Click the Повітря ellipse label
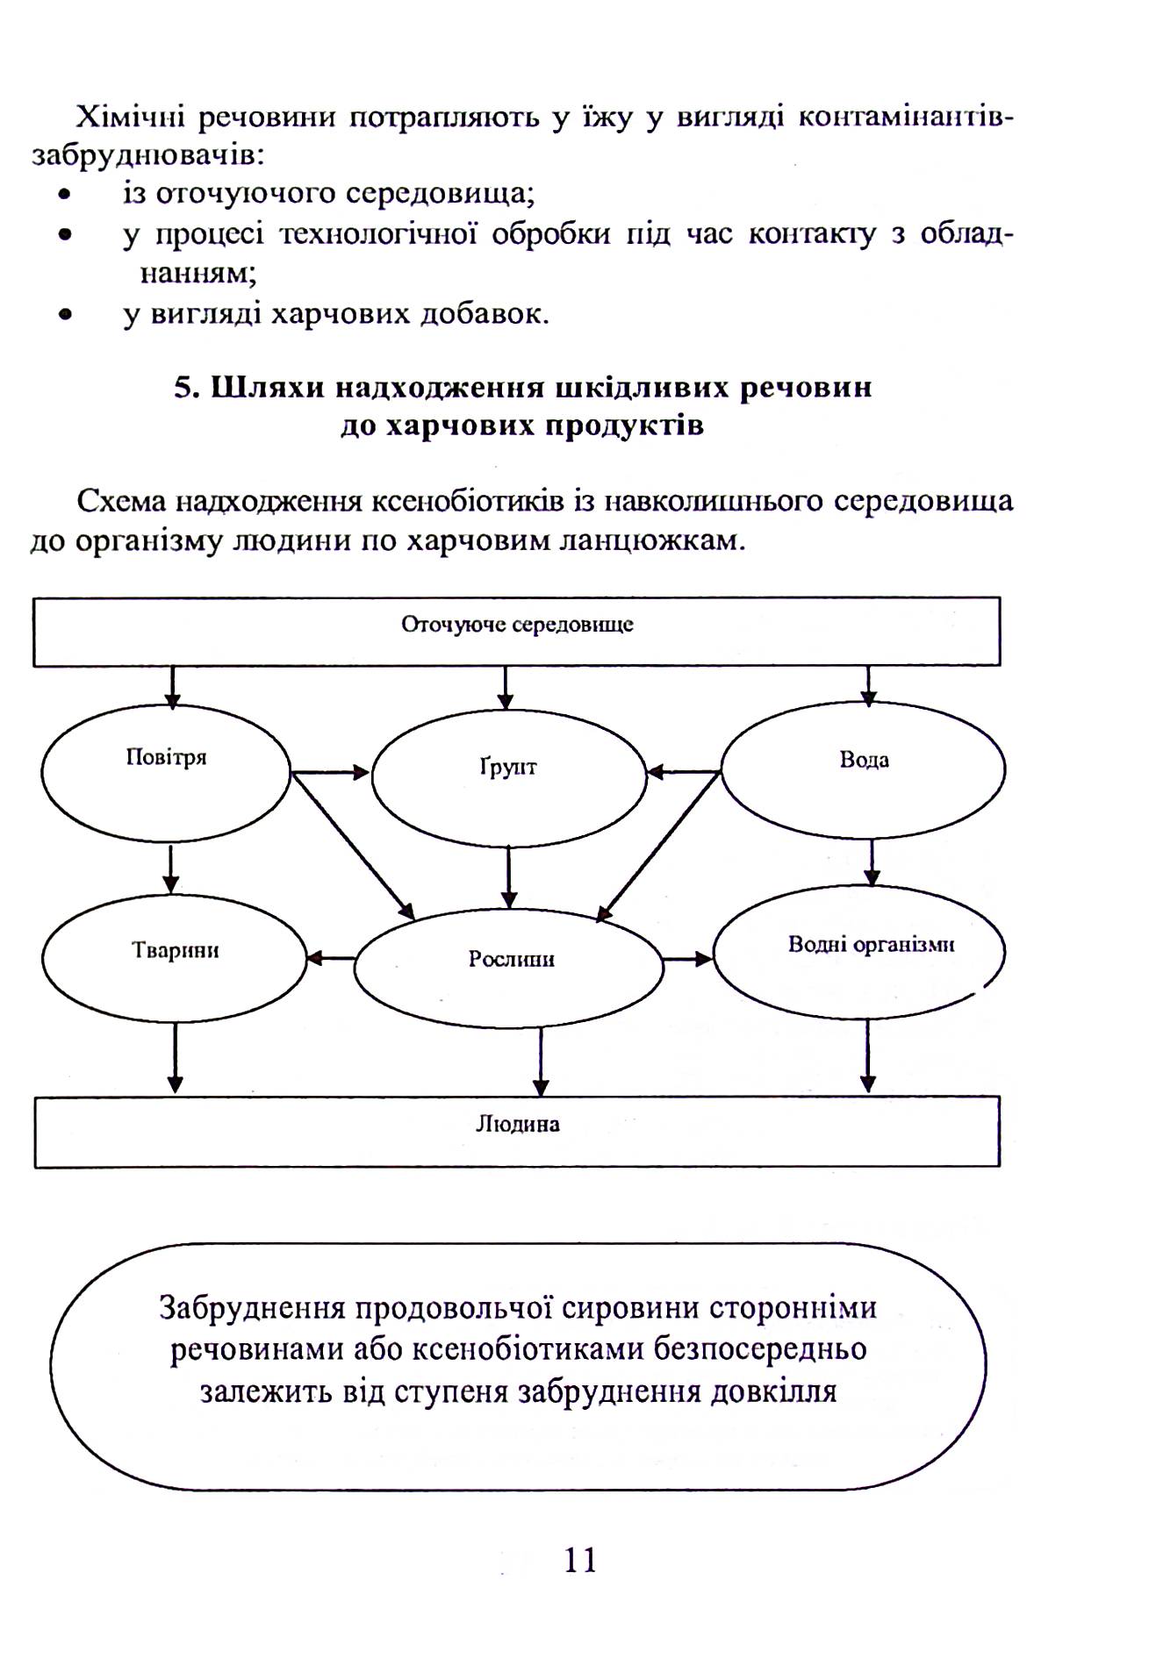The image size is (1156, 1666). [166, 757]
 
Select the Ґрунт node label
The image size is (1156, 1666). [508, 768]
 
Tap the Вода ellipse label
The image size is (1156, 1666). [864, 760]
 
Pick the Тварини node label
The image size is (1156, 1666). [176, 950]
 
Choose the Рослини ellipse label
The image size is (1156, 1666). [511, 959]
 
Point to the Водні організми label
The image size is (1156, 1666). [871, 945]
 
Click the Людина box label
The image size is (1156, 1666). [518, 1124]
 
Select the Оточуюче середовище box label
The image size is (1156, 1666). [517, 625]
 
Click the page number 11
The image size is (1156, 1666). [580, 1559]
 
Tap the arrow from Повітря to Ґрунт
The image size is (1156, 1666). [330, 773]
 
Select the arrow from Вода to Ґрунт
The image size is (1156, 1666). [684, 773]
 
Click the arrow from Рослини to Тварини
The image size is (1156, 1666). [331, 959]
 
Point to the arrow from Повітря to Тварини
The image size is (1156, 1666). [172, 869]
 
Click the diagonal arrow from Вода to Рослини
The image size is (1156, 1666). [658, 847]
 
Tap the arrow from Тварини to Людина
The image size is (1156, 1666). [176, 1058]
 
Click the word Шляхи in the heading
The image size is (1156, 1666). [262, 388]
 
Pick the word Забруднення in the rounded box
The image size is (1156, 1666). [254, 1307]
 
